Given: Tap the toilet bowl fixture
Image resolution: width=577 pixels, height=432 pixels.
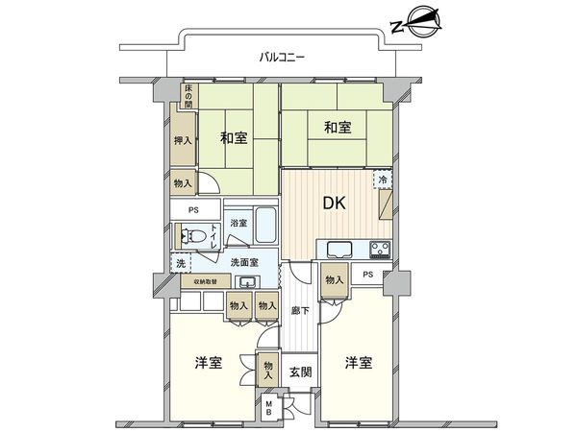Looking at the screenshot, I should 195,234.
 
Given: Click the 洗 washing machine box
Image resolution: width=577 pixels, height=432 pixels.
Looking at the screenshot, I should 180,262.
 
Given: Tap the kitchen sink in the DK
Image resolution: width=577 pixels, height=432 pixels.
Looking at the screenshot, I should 341,251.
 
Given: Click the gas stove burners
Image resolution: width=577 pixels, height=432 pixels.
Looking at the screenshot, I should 378,252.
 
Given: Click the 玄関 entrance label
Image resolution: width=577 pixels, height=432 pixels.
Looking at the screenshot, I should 299,371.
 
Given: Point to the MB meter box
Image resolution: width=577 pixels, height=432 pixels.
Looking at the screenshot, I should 269,409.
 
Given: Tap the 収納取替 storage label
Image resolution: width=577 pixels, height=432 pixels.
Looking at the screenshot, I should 206,281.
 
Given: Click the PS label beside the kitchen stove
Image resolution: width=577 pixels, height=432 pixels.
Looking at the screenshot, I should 369,276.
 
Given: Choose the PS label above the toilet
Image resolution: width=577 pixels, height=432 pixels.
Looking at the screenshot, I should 193,210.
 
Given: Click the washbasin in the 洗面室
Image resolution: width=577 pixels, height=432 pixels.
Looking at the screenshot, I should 247,281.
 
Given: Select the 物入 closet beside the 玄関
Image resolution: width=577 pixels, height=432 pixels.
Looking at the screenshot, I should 269,370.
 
